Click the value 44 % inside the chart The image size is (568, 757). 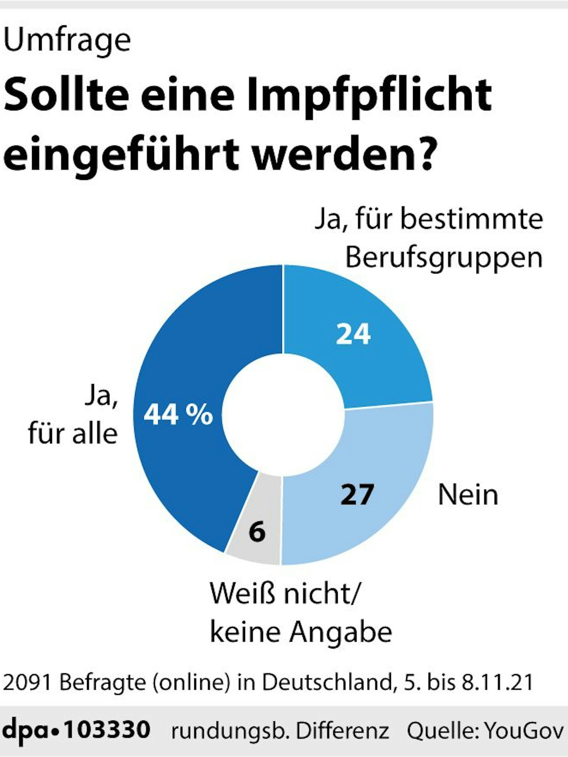(x=178, y=415)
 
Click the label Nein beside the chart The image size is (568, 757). (x=468, y=495)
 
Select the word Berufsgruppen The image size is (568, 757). (x=444, y=258)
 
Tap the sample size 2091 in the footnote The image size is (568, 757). (x=27, y=683)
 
